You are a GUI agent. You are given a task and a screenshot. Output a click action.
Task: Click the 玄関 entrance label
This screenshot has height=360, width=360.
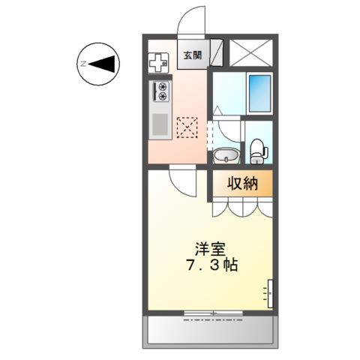pyautogui.click(x=193, y=55)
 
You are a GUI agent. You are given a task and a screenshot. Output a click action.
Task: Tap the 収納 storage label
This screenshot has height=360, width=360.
pyautogui.click(x=242, y=184)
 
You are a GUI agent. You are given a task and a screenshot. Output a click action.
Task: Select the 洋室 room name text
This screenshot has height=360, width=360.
pyautogui.click(x=210, y=249)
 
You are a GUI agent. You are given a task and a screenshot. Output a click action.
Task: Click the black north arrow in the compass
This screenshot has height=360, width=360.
pyautogui.click(x=101, y=64)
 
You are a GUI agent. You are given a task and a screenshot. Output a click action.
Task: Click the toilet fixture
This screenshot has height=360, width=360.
pyautogui.click(x=259, y=151)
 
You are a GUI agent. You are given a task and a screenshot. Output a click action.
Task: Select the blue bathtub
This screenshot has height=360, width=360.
pyautogui.click(x=260, y=94)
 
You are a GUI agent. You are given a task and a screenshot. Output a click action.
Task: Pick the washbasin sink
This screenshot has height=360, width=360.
pyautogui.click(x=226, y=155)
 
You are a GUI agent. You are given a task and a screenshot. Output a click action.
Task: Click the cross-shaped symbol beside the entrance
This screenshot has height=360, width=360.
pyautogui.click(x=158, y=63)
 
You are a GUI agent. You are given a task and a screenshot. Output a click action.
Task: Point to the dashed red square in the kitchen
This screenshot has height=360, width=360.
pyautogui.click(x=187, y=127)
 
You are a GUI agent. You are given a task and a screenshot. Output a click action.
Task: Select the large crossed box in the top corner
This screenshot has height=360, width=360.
pyautogui.click(x=250, y=52)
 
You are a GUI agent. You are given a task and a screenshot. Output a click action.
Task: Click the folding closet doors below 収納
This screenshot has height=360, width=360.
pyautogui.click(x=242, y=207)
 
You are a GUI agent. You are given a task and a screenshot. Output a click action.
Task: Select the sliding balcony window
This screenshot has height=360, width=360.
pyautogui.click(x=213, y=313)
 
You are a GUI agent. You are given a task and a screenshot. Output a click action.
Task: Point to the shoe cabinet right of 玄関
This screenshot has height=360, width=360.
pyautogui.click(x=216, y=52)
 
